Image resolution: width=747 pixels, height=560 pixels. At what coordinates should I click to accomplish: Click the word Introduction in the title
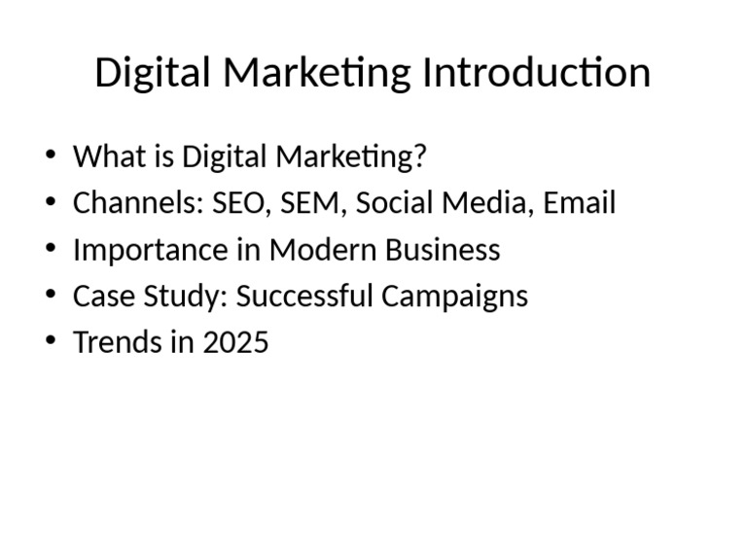pos(536,73)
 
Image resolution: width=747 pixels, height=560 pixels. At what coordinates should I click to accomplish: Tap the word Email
pos(579,203)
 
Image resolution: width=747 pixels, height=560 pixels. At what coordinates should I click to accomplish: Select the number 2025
pos(235,342)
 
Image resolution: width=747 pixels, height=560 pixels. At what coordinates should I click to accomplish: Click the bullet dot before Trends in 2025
pos(51,342)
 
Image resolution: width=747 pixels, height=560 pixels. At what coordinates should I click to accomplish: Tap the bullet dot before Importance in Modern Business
pos(51,250)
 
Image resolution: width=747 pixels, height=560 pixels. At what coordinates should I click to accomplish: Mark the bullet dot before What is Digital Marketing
pos(51,157)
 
